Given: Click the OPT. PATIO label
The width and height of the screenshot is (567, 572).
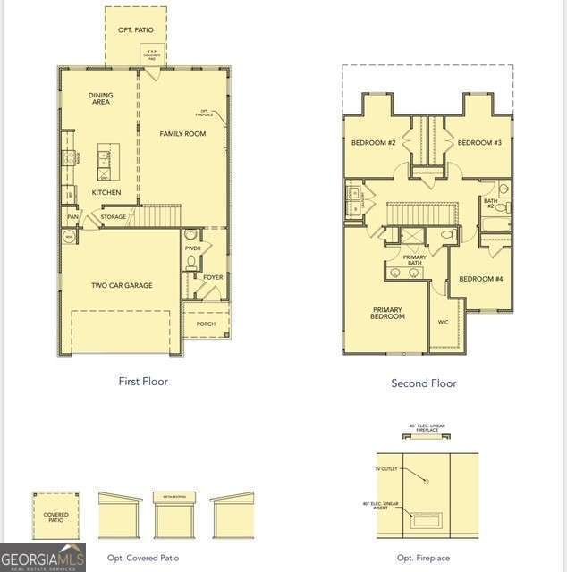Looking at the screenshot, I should [x=136, y=30].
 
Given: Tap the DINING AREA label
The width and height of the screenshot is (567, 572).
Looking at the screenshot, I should [x=100, y=98].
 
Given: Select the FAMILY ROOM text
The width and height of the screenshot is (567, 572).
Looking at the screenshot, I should [x=182, y=134].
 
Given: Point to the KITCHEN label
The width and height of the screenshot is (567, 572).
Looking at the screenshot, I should [x=106, y=192].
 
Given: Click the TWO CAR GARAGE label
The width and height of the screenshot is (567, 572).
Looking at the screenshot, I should [x=122, y=285].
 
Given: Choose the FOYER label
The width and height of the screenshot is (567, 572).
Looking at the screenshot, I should [x=213, y=277].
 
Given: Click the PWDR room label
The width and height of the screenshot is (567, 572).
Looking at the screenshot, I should [x=192, y=248].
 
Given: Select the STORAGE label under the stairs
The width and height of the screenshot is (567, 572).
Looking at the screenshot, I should [x=114, y=217].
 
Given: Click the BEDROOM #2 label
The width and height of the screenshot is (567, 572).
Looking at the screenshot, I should [x=373, y=143].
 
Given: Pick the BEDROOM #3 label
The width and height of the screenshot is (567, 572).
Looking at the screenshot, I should [x=479, y=143].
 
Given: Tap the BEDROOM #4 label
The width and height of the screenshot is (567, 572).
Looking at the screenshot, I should [x=481, y=279].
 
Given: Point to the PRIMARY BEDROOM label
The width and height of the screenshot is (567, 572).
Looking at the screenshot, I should [x=387, y=313].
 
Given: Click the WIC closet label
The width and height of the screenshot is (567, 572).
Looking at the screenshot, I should [x=444, y=322].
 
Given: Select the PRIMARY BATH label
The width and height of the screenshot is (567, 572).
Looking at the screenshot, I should [x=414, y=260].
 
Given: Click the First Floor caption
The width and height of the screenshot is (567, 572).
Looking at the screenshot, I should [x=143, y=381].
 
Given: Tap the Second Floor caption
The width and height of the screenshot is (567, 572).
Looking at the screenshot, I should [x=424, y=383].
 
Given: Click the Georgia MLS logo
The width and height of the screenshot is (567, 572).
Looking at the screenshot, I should [x=43, y=557].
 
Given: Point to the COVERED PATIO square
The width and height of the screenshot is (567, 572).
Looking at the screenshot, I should [x=55, y=517].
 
